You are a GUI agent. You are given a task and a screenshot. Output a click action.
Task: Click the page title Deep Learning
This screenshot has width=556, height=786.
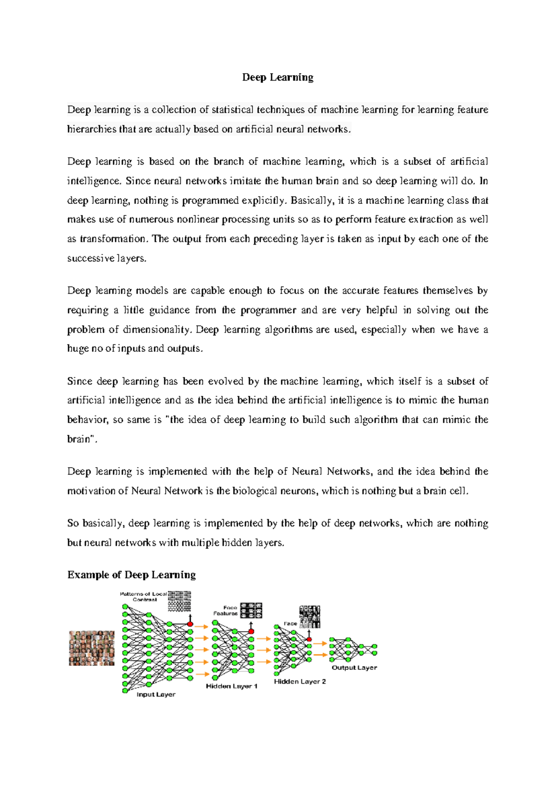point(278,77)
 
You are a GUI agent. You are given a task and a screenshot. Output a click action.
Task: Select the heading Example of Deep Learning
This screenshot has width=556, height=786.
point(132,575)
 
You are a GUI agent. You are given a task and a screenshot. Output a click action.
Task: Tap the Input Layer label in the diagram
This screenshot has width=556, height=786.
point(156,694)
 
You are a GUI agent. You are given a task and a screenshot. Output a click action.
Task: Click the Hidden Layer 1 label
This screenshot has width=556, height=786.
point(232,686)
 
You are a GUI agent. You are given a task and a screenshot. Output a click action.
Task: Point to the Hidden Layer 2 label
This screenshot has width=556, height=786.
point(300,681)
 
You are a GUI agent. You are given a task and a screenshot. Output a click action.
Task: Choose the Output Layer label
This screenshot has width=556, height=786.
point(354,667)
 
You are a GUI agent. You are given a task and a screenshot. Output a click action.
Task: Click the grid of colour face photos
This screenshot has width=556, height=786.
point(92,648)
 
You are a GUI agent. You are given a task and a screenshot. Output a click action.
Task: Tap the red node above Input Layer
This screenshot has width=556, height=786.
point(190,624)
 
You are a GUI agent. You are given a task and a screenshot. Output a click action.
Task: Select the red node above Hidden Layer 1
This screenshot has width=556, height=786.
point(251,631)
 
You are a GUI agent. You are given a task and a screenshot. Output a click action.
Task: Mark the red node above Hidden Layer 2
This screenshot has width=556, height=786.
point(309,640)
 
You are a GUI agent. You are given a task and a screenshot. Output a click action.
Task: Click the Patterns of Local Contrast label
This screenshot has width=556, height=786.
point(143,596)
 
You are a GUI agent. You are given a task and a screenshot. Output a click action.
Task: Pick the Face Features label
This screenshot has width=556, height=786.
point(226,610)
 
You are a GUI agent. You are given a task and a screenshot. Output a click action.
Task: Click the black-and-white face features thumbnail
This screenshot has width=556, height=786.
point(252,610)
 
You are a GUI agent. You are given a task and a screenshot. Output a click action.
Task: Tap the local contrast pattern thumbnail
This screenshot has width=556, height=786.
point(179,601)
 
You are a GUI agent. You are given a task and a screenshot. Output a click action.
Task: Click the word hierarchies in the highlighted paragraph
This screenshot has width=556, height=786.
point(92,129)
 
